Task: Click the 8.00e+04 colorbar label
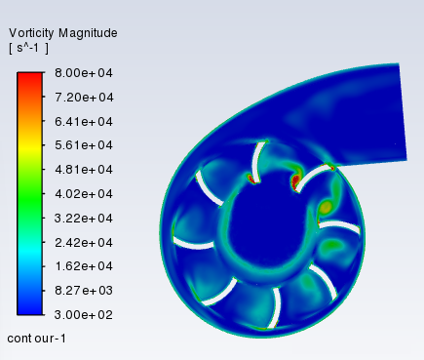tap(84, 73)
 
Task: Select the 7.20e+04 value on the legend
tap(84, 97)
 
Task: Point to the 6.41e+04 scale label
tap(84, 121)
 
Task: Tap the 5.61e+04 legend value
tap(84, 145)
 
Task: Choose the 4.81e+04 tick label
tap(84, 170)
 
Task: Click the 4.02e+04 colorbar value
tap(84, 194)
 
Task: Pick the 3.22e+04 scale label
tap(84, 218)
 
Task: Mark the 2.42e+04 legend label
tap(84, 242)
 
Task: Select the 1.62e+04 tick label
tap(84, 266)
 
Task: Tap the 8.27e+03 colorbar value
tap(84, 290)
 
